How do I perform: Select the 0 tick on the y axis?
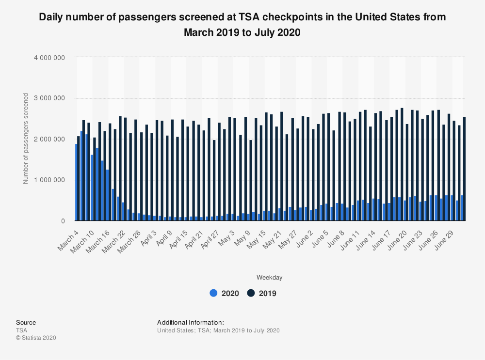coord(63,221)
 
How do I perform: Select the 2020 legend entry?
coord(224,293)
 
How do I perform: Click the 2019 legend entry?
coord(262,293)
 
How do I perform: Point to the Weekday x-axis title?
coord(270,278)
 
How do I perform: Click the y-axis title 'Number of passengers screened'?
coord(26,139)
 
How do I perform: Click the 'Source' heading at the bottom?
coord(26,322)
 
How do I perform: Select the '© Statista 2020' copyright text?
coord(36,338)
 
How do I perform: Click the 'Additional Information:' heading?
coord(190,322)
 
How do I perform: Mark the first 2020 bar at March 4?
coord(77,182)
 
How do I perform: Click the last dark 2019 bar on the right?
coord(464,169)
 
